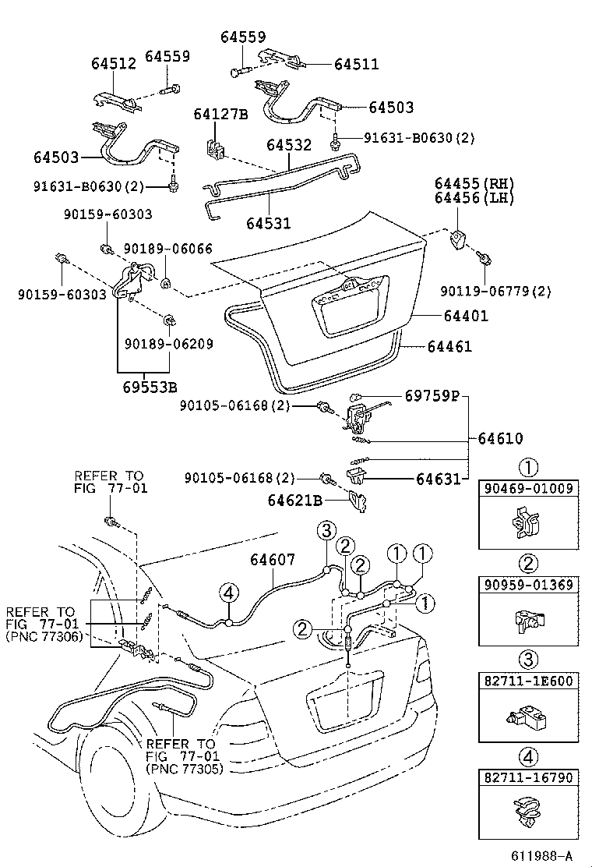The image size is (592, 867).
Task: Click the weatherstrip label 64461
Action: pyautogui.click(x=449, y=346)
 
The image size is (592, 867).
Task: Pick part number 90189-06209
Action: pyautogui.click(x=168, y=343)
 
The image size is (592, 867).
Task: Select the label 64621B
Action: pyautogui.click(x=296, y=501)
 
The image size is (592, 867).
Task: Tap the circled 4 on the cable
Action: pyautogui.click(x=227, y=594)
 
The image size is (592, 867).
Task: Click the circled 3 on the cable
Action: pyautogui.click(x=326, y=532)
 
